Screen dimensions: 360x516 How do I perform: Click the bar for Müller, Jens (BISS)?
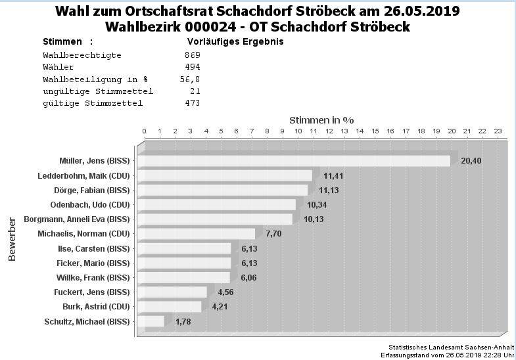click(294, 161)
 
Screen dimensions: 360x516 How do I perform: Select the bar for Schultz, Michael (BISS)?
click(151, 321)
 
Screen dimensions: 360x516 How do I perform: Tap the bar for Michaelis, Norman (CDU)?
click(196, 234)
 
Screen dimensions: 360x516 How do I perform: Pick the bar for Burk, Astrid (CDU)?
click(169, 307)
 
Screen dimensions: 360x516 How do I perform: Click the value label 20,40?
click(471, 161)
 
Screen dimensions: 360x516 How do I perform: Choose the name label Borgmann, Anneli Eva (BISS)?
click(77, 219)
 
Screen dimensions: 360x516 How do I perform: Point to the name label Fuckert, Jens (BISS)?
click(92, 292)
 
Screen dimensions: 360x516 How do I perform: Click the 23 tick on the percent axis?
click(498, 131)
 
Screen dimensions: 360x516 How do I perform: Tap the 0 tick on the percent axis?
click(144, 131)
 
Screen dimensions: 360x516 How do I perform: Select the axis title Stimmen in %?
click(321, 120)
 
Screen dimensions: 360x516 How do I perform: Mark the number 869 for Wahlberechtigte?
click(193, 55)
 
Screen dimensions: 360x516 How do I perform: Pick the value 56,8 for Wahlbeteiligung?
click(190, 79)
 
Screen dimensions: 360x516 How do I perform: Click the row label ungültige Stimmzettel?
click(98, 91)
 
